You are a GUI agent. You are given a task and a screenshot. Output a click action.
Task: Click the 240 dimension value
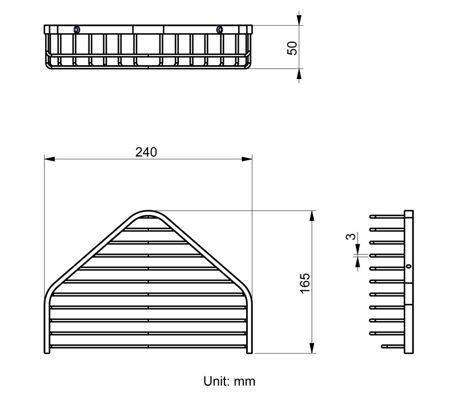[146, 152]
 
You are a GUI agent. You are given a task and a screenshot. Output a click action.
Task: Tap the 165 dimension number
[305, 283]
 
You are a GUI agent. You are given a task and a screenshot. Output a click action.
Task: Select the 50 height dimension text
[292, 48]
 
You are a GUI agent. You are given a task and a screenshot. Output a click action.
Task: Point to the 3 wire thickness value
[351, 236]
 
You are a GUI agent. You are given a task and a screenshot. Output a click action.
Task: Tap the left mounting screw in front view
[76, 30]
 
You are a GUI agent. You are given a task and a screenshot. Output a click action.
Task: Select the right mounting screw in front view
[220, 30]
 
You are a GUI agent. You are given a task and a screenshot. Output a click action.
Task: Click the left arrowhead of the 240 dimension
[50, 159]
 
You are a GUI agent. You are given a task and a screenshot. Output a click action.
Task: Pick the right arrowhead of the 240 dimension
[247, 159]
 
